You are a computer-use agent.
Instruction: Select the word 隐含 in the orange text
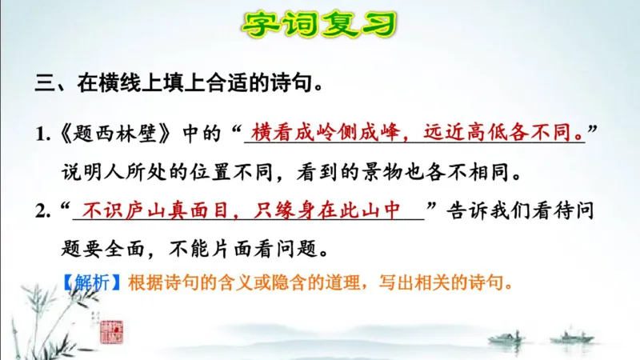click(295, 283)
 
